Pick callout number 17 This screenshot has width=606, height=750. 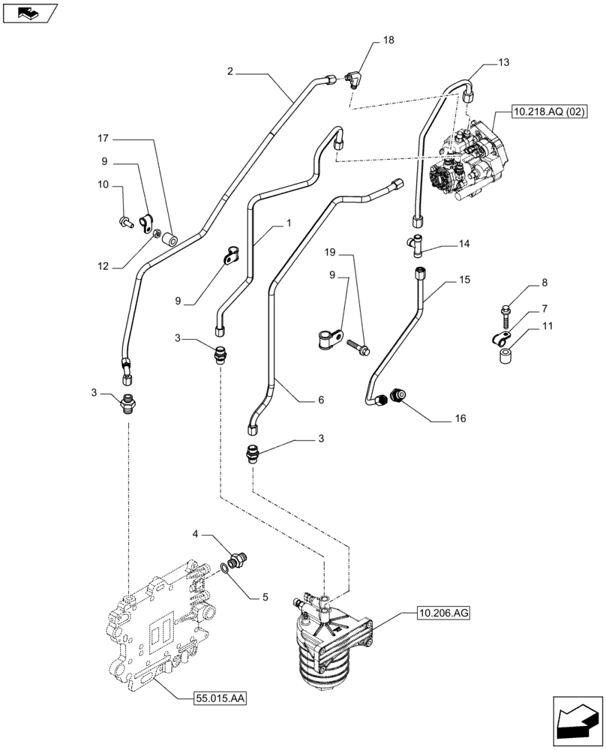pos(102,138)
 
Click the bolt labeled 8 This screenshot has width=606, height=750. pos(505,309)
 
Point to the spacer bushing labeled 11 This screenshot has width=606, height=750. pos(508,354)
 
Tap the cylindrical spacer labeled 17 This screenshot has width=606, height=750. pos(171,241)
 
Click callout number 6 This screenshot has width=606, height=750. pos(320,400)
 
